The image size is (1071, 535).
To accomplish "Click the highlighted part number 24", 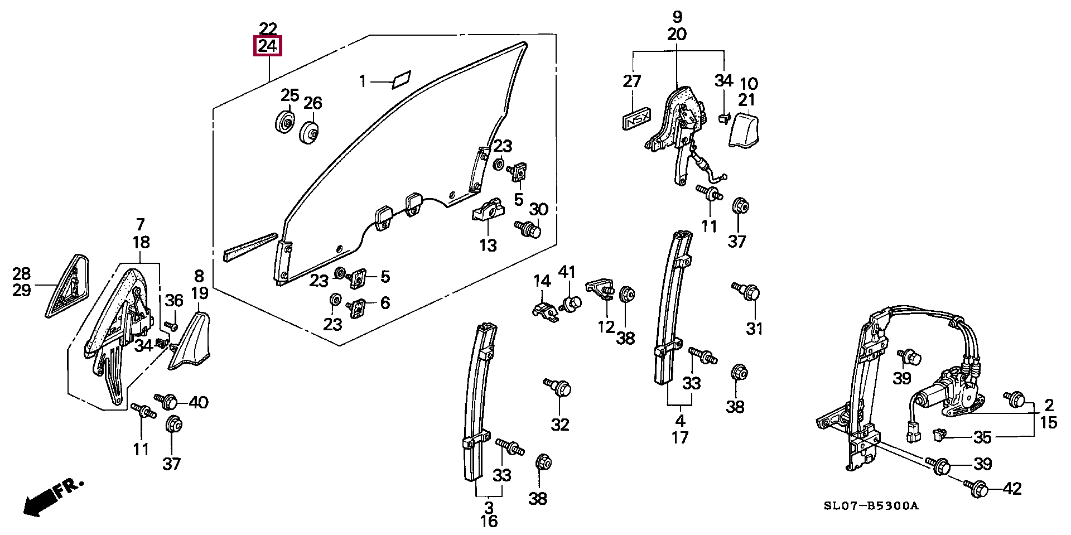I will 268,46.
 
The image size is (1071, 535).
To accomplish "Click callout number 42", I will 1012,489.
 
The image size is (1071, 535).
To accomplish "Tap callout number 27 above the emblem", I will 632,81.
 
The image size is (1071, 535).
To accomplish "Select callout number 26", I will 313,103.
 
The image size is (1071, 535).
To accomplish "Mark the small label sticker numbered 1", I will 401,80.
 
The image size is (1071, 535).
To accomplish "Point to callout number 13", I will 488,245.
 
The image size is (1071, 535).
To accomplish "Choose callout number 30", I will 539,209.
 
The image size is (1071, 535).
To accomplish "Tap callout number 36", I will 174,301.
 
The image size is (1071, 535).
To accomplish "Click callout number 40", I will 199,402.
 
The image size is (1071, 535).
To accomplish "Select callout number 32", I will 560,425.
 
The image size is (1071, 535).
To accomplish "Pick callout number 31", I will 754,329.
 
